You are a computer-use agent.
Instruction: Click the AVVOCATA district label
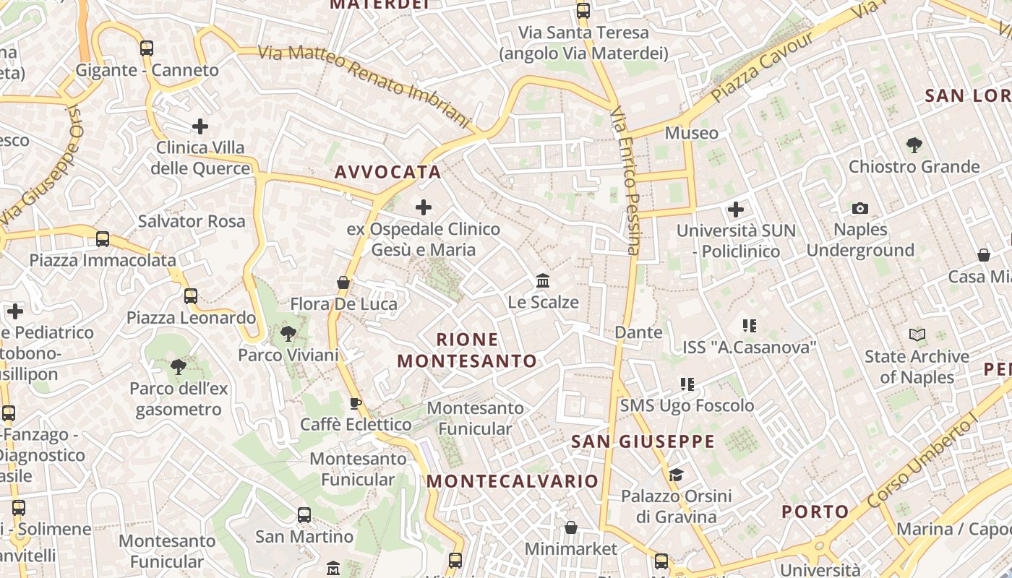[x=387, y=172]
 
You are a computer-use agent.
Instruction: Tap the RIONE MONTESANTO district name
[x=468, y=350]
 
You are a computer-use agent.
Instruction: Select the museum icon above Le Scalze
[x=543, y=280]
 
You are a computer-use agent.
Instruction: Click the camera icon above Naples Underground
[x=859, y=208]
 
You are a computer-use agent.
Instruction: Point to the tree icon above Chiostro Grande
[x=914, y=144]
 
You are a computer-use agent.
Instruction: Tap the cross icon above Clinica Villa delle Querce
[x=200, y=126]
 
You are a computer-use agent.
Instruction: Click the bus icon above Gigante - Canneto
[x=147, y=48]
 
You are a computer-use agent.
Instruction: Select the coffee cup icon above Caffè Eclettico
[x=355, y=402]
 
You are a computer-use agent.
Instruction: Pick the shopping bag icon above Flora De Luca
[x=343, y=282]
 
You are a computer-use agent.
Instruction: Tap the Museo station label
[x=692, y=133]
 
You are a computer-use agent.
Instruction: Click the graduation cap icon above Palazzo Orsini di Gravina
[x=676, y=475]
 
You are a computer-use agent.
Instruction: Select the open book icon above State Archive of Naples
[x=917, y=335]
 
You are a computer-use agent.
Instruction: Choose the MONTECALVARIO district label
[x=513, y=481]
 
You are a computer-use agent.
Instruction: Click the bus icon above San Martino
[x=304, y=515]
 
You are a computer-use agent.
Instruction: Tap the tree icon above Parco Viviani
[x=288, y=333]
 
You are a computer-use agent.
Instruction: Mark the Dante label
[x=638, y=332]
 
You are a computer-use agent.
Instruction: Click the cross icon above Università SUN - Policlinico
[x=736, y=210]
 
